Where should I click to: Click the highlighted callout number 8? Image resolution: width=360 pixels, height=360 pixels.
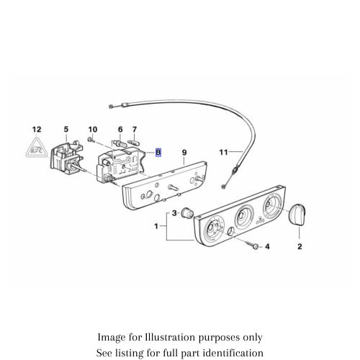tap(159, 153)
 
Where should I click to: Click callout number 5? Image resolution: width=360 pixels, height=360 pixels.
tap(66, 130)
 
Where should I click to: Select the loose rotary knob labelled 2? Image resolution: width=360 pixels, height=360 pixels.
tap(297, 214)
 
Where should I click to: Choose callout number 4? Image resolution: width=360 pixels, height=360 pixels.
tap(269, 247)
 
